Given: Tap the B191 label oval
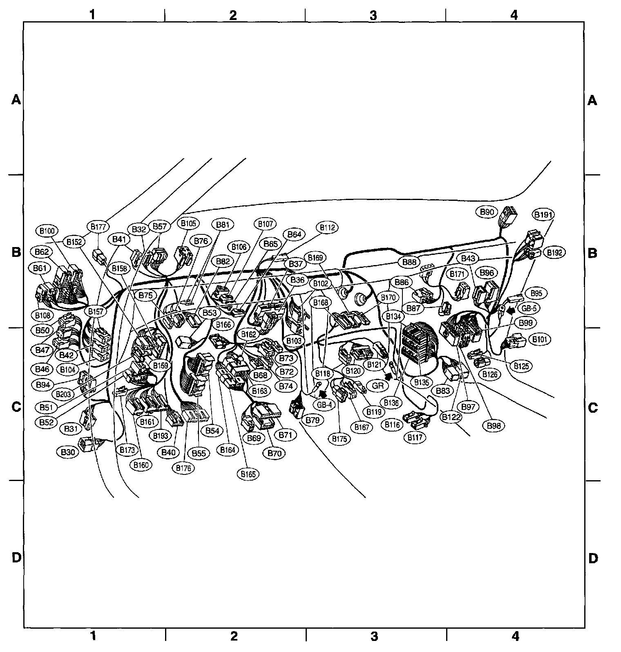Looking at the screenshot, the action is (x=543, y=215).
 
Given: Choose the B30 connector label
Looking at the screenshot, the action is (x=67, y=452).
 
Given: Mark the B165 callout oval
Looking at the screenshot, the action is (x=248, y=474).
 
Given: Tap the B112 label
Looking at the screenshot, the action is (x=327, y=227).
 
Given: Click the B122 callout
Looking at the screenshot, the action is (x=451, y=418).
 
